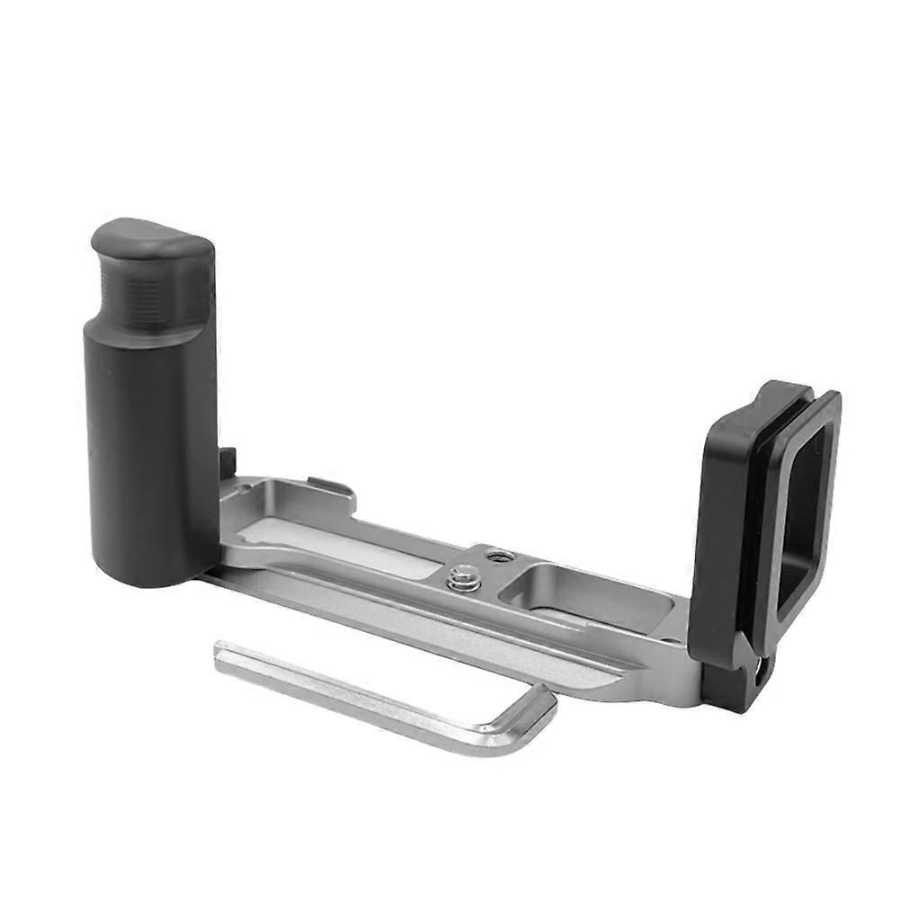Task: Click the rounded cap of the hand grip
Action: point(151,240)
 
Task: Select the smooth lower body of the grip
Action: point(149,450)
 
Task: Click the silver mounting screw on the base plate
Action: point(464,575)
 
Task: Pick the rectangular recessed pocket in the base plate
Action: point(576,595)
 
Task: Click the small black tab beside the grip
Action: point(227,463)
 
